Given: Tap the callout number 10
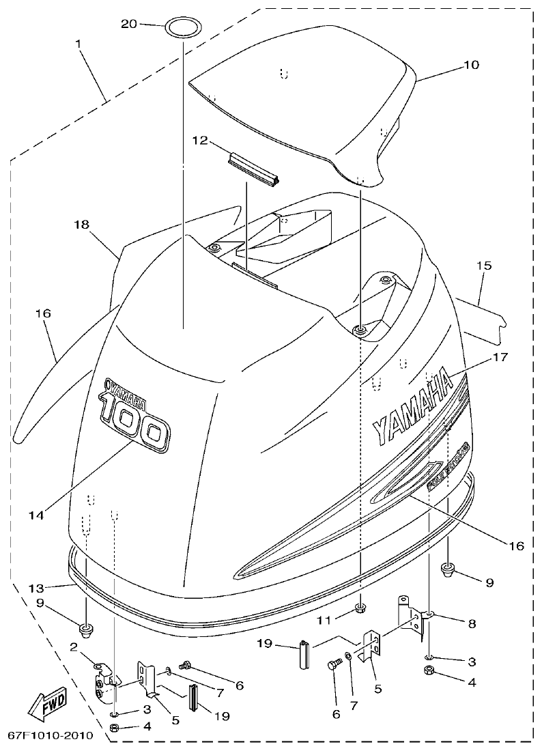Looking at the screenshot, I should tap(472, 66).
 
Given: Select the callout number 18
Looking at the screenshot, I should tap(81, 224).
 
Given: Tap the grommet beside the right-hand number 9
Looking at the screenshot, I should tap(448, 568).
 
